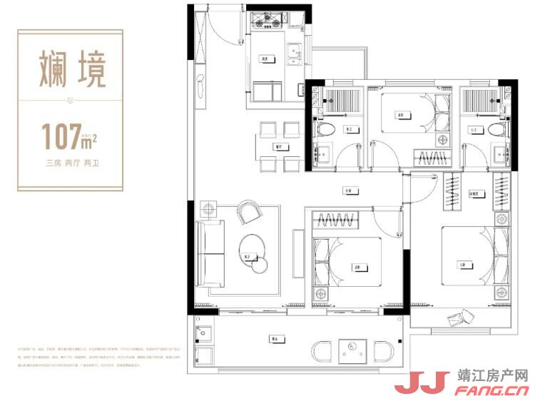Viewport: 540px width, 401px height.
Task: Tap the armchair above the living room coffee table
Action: (250, 211)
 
